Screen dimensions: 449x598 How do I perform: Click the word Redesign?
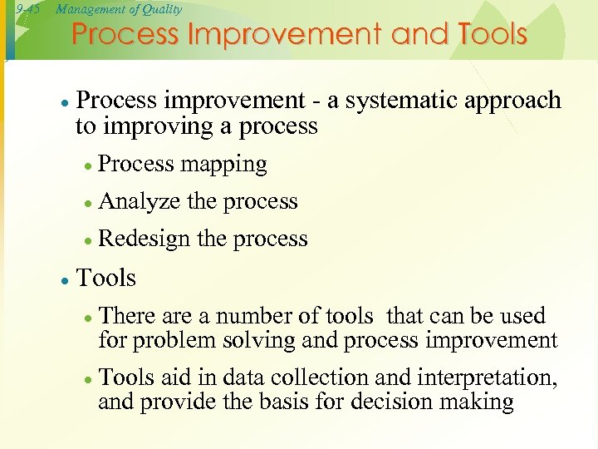pyautogui.click(x=145, y=239)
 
